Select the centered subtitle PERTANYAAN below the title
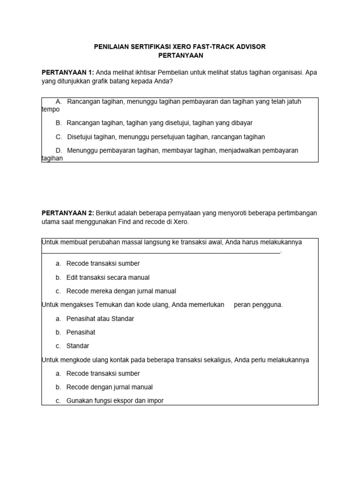[x=180, y=55]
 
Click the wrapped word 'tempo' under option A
[x=51, y=109]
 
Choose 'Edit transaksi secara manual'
[x=108, y=277]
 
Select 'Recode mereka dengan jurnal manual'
[x=121, y=291]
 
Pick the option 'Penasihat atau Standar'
[x=100, y=319]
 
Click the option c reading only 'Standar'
[x=77, y=346]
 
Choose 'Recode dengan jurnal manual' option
[x=109, y=387]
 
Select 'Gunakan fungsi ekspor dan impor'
[x=115, y=401]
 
